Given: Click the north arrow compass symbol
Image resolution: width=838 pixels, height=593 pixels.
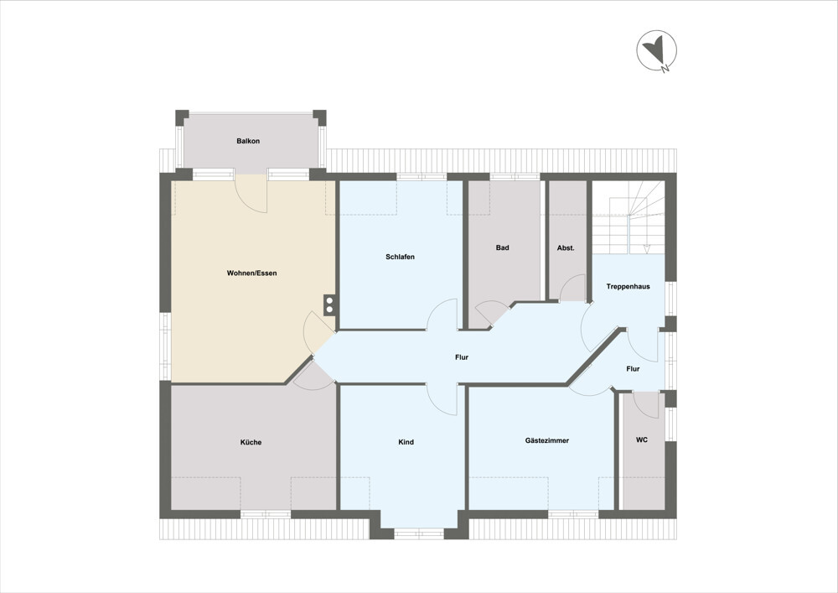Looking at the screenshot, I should (656, 52).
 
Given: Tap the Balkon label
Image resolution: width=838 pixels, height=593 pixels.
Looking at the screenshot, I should (248, 141).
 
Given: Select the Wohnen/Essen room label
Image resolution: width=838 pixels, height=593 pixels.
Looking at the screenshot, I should (251, 273).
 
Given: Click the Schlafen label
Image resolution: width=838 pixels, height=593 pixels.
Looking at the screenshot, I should (401, 257).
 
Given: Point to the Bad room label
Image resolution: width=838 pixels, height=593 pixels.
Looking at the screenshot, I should (503, 247).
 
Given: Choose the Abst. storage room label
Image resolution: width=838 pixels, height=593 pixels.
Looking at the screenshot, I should (566, 248).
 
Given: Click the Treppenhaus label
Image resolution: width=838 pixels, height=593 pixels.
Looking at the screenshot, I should (628, 287).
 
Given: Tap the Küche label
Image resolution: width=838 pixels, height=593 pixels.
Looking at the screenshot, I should (251, 442).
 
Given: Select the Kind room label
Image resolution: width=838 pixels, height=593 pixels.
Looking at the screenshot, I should (406, 442).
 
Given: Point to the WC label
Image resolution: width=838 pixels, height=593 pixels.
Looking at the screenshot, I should (642, 440).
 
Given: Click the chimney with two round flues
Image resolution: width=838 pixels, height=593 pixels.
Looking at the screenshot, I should (330, 304).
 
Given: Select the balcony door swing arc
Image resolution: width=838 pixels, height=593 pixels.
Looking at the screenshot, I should (251, 195).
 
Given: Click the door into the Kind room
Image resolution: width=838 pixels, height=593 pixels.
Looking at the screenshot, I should (442, 398).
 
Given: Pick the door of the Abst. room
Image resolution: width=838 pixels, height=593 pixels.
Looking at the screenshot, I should (572, 289).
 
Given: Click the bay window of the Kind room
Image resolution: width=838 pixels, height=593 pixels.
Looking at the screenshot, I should (419, 532).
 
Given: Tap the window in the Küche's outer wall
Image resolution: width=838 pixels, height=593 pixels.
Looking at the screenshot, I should (265, 513).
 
